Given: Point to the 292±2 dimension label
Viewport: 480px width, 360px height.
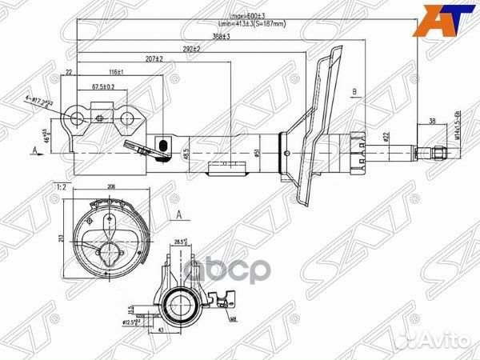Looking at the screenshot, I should (x=191, y=49).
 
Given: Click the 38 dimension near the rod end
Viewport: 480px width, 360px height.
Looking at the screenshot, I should (x=433, y=122).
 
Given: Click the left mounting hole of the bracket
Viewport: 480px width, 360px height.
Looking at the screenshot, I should (x=78, y=119).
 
